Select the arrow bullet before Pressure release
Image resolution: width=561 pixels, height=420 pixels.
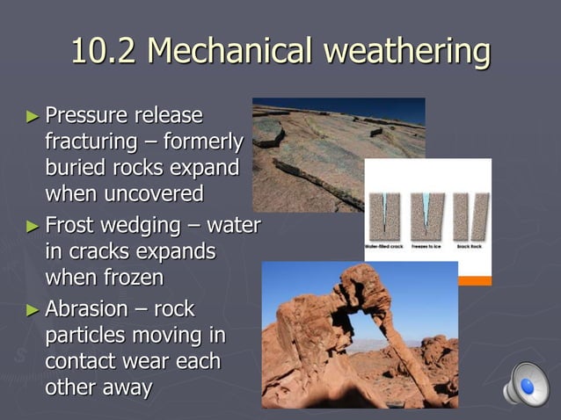(33, 115)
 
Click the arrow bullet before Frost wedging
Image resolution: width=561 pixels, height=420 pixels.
(33, 226)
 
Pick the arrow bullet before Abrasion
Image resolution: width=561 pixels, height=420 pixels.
(33, 309)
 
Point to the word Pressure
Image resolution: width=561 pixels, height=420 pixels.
(85, 115)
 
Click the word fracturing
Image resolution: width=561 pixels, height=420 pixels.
(92, 141)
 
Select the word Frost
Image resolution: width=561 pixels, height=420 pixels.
(73, 226)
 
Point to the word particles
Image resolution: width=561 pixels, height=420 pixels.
(84, 336)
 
